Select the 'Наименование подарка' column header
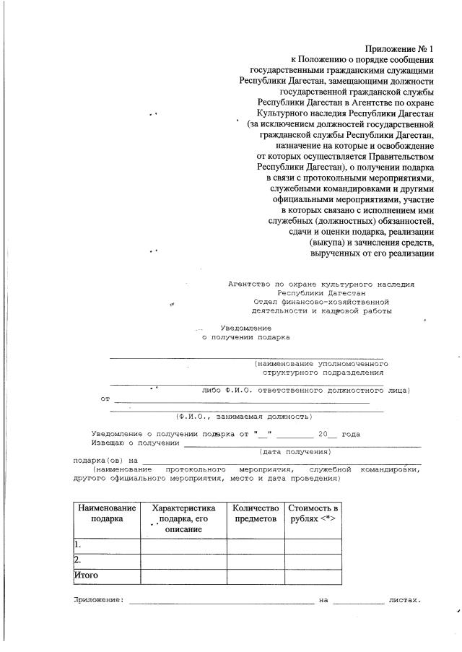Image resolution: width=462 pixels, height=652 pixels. pyautogui.click(x=107, y=513)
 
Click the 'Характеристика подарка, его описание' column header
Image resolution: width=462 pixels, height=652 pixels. pyautogui.click(x=183, y=518)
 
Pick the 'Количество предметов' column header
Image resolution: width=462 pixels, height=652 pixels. pyautogui.click(x=255, y=513)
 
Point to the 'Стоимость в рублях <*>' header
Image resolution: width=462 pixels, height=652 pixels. pyautogui.click(x=312, y=513)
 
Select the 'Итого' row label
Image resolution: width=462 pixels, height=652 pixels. pyautogui.click(x=86, y=575)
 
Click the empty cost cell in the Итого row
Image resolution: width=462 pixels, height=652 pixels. pyautogui.click(x=312, y=575)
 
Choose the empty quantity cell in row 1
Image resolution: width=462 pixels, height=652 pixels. pyautogui.click(x=255, y=544)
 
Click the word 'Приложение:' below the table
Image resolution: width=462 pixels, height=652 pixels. pyautogui.click(x=98, y=600)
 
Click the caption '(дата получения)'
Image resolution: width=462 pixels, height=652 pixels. pyautogui.click(x=295, y=451)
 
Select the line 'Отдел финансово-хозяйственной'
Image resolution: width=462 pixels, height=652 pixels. pyautogui.click(x=321, y=302)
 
